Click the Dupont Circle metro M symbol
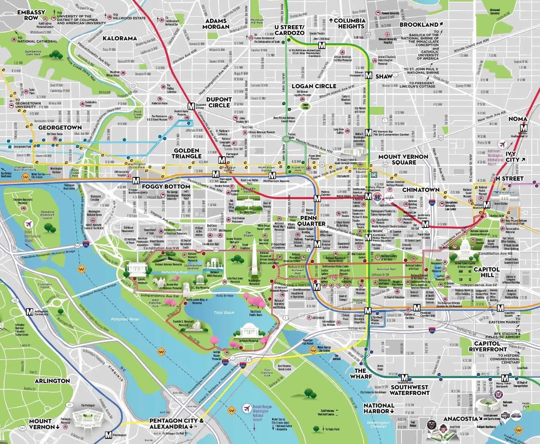pyautogui.click(x=191, y=106)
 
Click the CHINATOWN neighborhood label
pyautogui.click(x=418, y=190)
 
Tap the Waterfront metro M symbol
pyautogui.click(x=405, y=377)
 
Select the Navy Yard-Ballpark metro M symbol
pyautogui.click(x=505, y=378)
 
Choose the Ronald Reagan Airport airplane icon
pyautogui.click(x=247, y=409)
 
